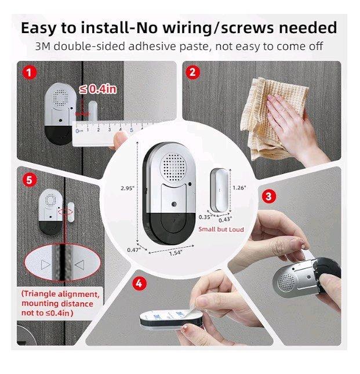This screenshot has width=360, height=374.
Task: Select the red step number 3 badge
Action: tap(267, 196)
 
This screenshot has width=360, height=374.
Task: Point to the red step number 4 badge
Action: tap(138, 283)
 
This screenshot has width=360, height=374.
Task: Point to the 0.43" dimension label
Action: tap(225, 219)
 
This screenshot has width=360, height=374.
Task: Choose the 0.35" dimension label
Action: tap(205, 216)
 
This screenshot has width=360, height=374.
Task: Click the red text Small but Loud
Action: tap(221, 229)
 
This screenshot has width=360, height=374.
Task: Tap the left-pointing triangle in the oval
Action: tap(81, 266)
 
